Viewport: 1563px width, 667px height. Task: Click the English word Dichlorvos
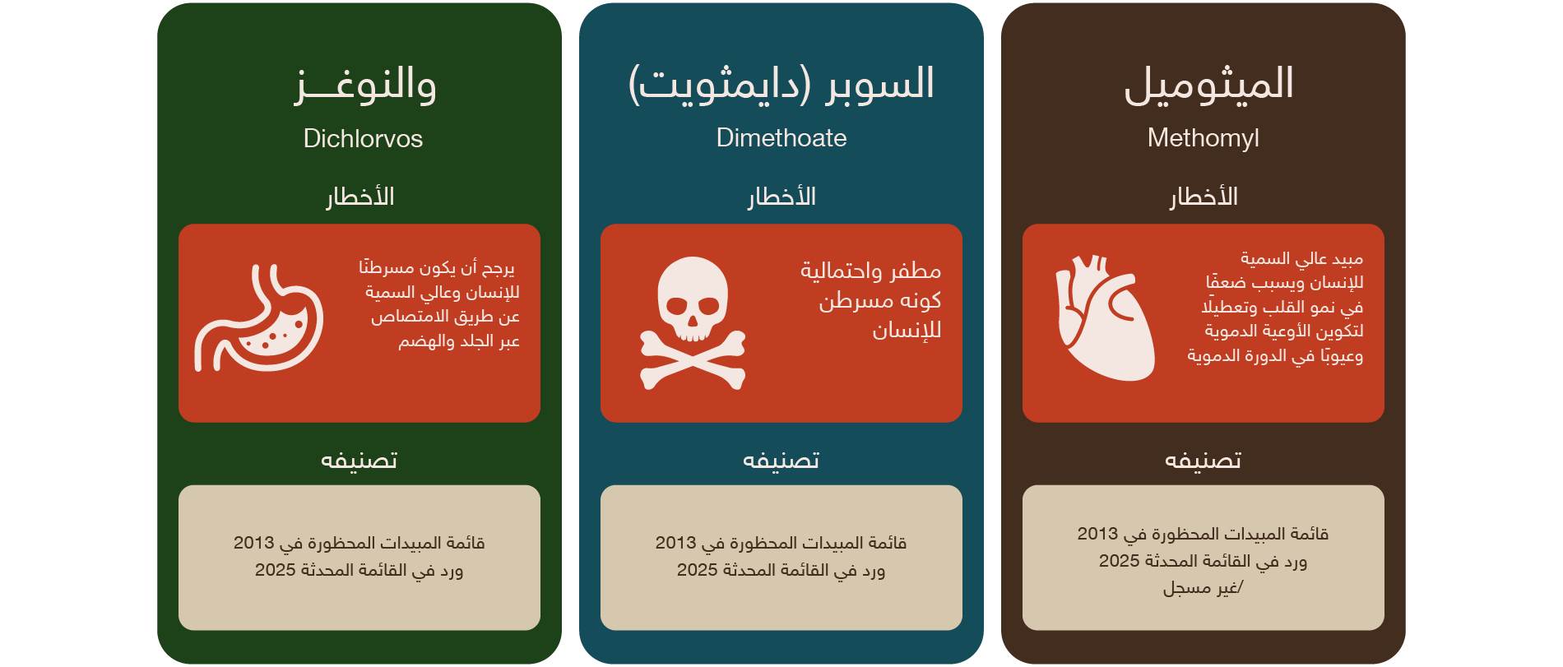coord(363,138)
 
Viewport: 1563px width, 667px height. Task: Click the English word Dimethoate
coord(781,137)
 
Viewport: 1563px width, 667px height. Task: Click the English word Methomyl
coord(1204,138)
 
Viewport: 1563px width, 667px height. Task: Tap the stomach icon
coord(259,318)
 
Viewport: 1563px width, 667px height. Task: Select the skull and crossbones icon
coord(693,323)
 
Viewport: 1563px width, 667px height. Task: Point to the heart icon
coord(1105,318)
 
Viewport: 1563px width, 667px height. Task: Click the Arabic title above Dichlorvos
coord(365,85)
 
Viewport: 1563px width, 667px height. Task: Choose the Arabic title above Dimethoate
coord(781,85)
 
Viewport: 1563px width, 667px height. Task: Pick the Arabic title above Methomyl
coord(1208,85)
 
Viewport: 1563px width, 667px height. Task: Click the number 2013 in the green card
coord(253,543)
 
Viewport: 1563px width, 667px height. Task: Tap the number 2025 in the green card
coord(275,570)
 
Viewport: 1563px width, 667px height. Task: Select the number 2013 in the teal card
coord(675,543)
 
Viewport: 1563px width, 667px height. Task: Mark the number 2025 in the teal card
coord(697,570)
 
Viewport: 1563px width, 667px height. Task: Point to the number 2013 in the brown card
coord(1097,534)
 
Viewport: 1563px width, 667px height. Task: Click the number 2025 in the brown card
coord(1119,561)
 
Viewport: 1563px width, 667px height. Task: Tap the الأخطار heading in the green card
coord(360,197)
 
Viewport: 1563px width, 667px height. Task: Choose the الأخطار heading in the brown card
coord(1204,197)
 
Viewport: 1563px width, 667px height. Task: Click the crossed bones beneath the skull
coord(693,360)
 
